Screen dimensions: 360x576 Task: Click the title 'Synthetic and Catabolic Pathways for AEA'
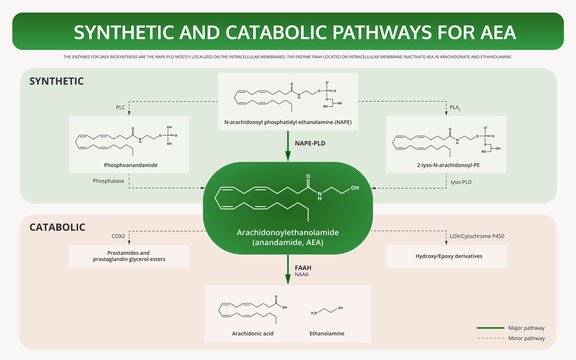tap(288, 32)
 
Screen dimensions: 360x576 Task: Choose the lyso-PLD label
tap(461, 181)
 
